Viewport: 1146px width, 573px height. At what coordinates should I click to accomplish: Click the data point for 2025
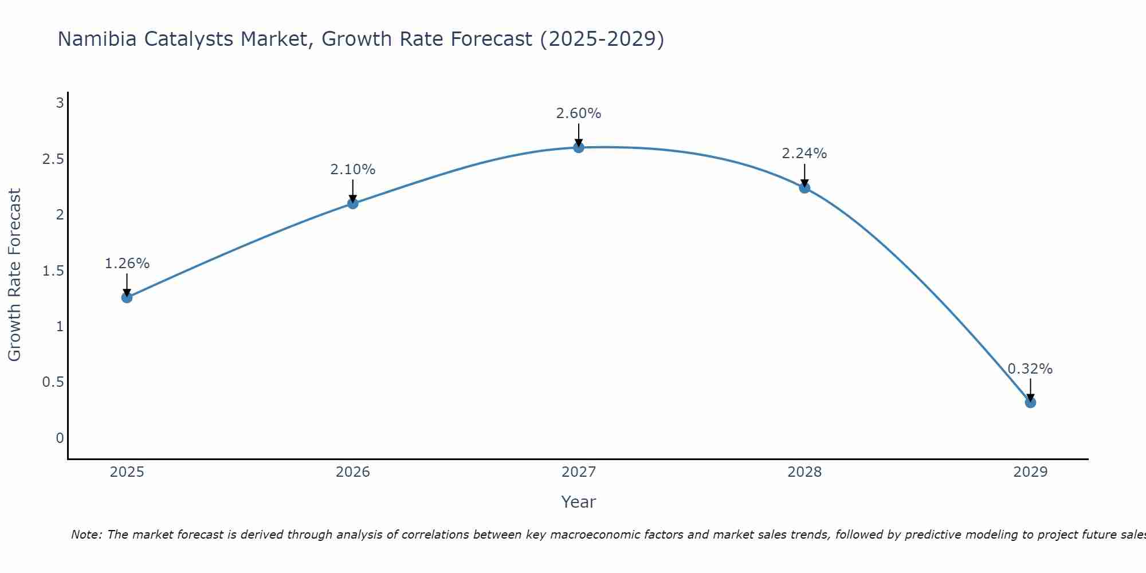click(x=127, y=297)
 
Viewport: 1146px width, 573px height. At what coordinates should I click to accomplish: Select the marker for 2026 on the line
click(x=353, y=203)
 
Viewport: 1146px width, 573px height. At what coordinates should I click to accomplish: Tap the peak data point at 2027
click(x=579, y=147)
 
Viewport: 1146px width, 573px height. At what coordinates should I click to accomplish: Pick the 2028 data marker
click(x=804, y=188)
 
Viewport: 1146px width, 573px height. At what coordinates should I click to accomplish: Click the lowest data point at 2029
click(x=1030, y=402)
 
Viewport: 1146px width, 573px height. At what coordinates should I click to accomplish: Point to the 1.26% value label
click(x=127, y=264)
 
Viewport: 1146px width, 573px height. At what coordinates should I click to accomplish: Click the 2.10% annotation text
click(x=353, y=170)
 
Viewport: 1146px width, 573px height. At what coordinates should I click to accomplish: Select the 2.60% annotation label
click(x=579, y=113)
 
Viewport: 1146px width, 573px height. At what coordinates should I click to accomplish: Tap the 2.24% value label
click(x=804, y=154)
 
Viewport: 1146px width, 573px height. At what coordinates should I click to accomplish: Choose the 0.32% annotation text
click(x=1030, y=369)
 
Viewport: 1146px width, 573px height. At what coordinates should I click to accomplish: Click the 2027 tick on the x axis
click(x=579, y=472)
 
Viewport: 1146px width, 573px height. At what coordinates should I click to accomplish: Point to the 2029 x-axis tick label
click(x=1030, y=472)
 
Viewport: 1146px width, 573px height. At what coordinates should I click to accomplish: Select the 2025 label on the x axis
click(x=127, y=472)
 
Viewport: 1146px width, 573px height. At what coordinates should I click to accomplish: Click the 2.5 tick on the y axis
click(x=53, y=159)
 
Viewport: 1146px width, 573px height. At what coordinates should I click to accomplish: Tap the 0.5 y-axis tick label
click(x=53, y=382)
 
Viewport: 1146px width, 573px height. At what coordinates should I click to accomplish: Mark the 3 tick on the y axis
click(x=60, y=103)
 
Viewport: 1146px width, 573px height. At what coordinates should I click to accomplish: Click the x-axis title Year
click(x=579, y=502)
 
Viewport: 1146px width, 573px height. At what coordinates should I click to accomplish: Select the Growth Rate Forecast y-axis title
click(x=15, y=275)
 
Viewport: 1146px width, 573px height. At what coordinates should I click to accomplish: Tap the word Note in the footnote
click(x=86, y=535)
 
